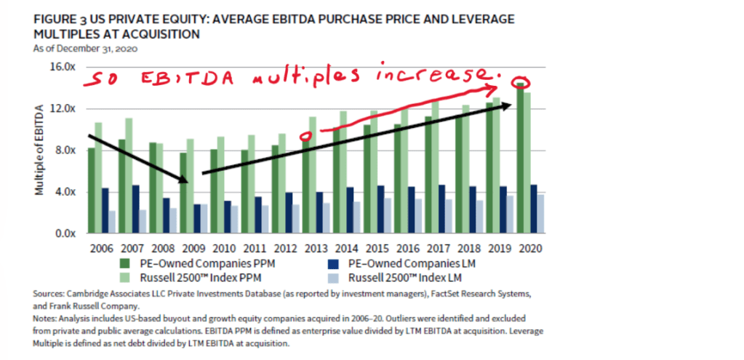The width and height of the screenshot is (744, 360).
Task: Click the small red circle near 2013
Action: click(309, 136)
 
